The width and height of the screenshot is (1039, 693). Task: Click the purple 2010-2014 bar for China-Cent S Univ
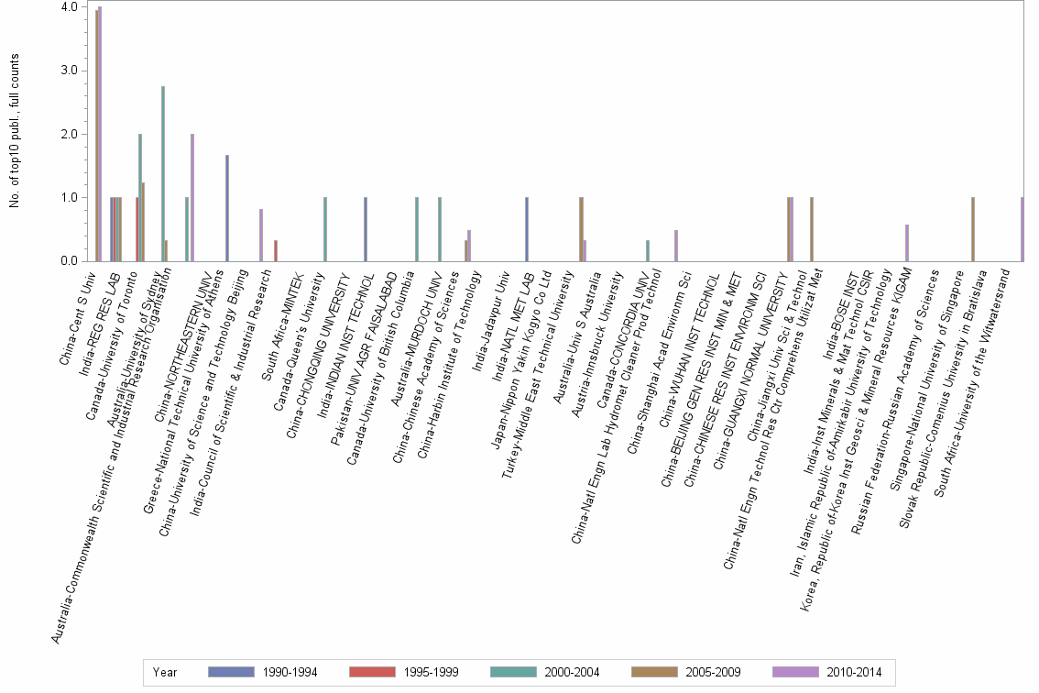(100, 134)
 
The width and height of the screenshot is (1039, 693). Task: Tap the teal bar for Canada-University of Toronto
(140, 198)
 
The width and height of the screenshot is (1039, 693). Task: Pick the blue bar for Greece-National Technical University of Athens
(226, 208)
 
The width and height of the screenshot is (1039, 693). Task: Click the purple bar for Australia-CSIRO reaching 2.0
(192, 198)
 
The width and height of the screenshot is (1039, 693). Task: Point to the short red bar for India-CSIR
(276, 251)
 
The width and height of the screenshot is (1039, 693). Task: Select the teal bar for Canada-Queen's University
(324, 229)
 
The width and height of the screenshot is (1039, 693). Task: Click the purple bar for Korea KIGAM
(907, 243)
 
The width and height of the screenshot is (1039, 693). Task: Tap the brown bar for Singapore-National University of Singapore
(973, 229)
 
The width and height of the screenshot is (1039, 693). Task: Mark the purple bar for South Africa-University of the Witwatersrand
(1022, 229)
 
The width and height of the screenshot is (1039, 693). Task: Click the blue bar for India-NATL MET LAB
(527, 229)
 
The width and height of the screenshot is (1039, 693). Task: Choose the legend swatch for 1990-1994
(232, 672)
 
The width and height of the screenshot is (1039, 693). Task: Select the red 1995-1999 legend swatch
(373, 672)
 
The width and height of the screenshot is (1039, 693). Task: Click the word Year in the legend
(165, 672)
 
